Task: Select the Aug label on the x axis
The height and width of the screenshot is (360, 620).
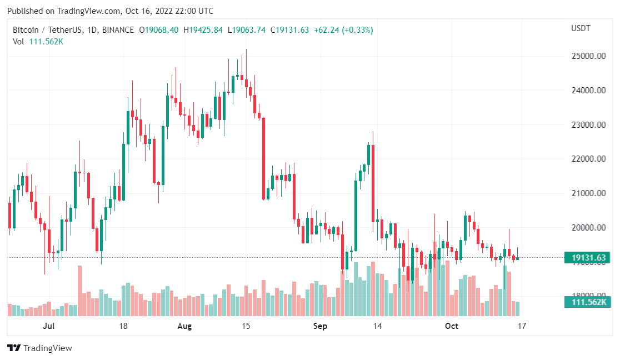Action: point(184,326)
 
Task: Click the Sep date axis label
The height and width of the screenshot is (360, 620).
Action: point(320,326)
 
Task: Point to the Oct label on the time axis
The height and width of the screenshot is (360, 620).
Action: point(452,326)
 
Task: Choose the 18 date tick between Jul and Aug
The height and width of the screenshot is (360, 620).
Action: point(123,326)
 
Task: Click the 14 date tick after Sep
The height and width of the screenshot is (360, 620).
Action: point(378,326)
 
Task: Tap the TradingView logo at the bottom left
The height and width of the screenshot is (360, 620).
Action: point(40,348)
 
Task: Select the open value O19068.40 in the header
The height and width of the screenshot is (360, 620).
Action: point(158,30)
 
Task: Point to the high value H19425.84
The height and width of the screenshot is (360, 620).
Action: point(203,30)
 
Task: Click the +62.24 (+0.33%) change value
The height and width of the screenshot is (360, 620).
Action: point(343,30)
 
